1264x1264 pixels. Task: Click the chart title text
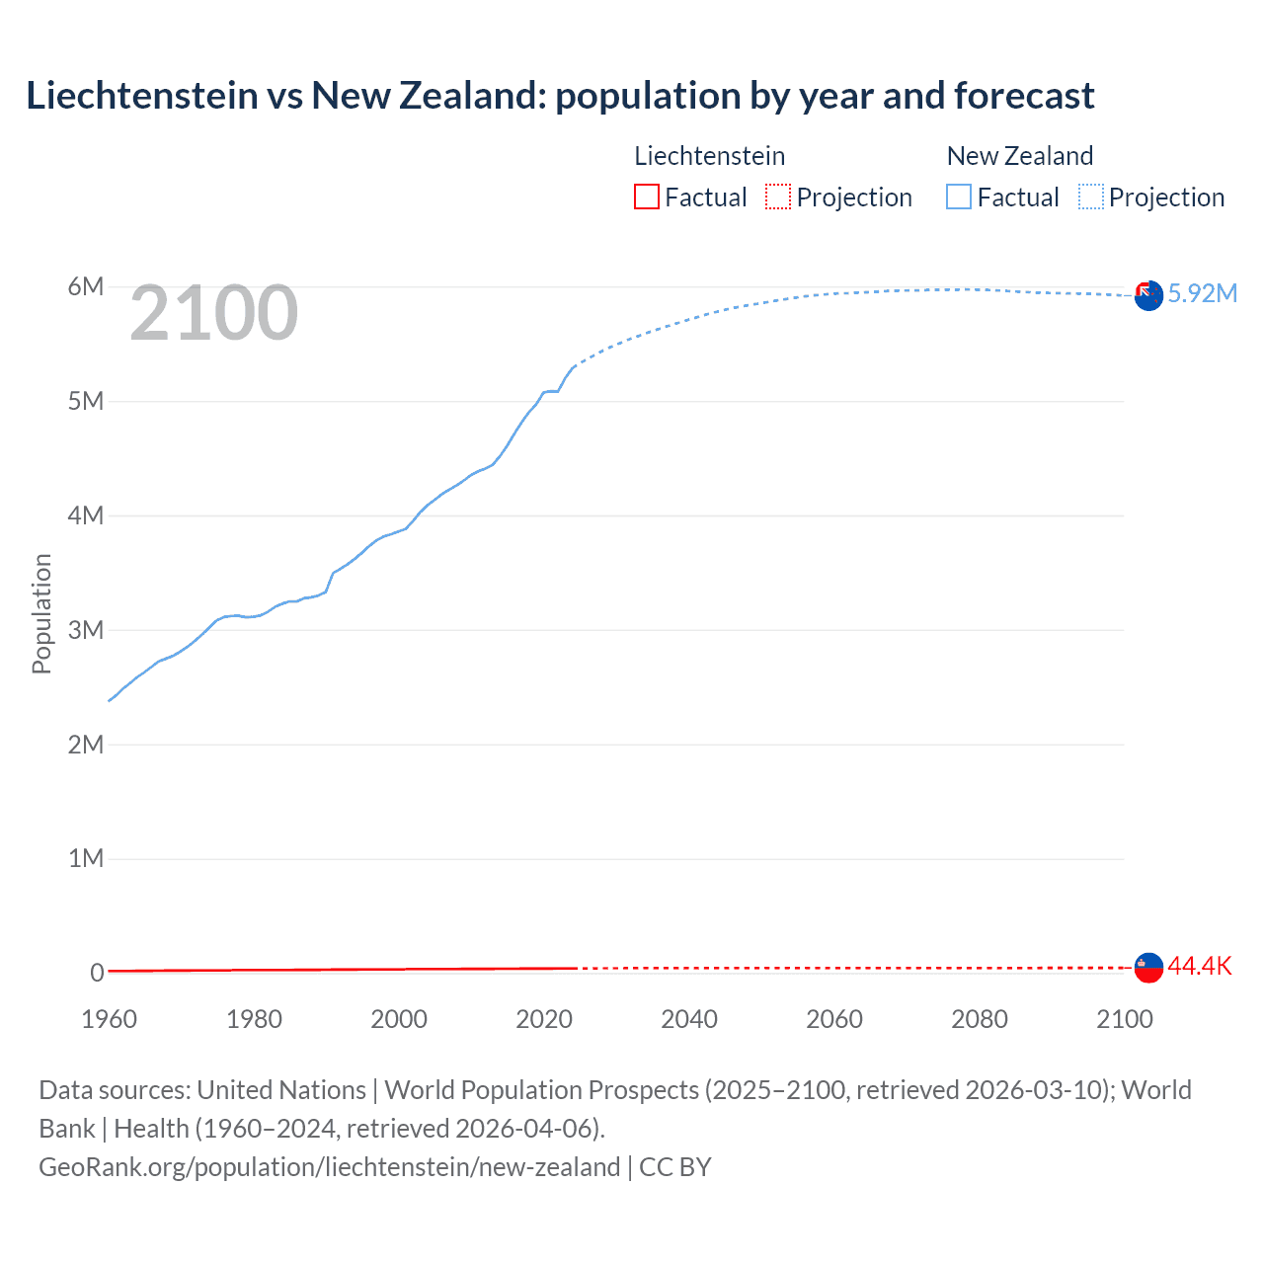(560, 96)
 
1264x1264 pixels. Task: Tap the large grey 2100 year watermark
(213, 313)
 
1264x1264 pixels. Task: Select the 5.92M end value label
(1202, 293)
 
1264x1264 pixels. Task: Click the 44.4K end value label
(1200, 966)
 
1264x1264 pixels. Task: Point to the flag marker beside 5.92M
(1148, 295)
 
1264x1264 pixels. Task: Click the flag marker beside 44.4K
(1148, 968)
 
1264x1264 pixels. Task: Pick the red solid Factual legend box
(646, 197)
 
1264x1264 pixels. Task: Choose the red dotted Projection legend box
(778, 197)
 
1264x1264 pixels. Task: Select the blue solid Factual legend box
(959, 197)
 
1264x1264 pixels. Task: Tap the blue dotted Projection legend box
(1091, 197)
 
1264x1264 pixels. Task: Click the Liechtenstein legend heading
(709, 156)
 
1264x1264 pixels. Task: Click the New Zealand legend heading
(1019, 156)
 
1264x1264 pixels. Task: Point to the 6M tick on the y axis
(86, 286)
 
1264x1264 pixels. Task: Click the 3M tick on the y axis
(86, 630)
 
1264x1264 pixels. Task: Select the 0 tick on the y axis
(97, 973)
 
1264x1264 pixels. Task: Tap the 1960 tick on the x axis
(109, 1019)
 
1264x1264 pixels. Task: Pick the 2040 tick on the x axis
(689, 1019)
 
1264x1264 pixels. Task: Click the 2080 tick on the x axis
(980, 1019)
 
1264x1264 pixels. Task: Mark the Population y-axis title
(41, 613)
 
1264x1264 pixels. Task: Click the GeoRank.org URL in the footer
(329, 1167)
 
